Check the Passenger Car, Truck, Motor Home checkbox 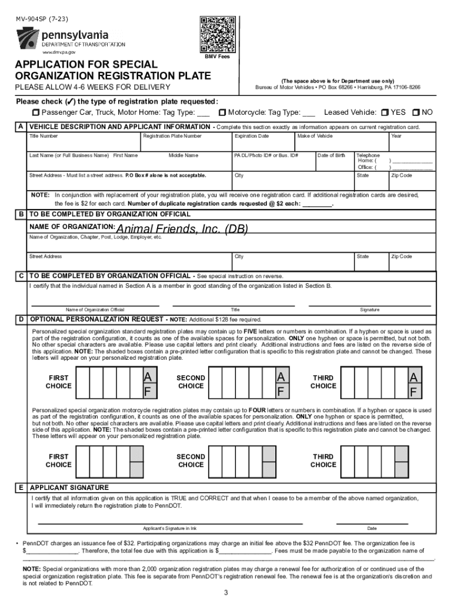tap(35, 112)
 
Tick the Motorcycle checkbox tap(222, 112)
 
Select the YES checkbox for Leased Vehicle tap(385, 112)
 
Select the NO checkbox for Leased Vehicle tap(416, 112)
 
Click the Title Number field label tap(44, 136)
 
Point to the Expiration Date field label tap(251, 136)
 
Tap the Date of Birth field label tap(331, 155)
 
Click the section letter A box tap(21, 127)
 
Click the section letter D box tap(21, 319)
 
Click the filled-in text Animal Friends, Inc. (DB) tap(182, 228)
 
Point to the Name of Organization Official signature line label tap(95, 310)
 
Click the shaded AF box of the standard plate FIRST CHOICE tap(150, 383)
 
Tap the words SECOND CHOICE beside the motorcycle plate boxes tap(191, 460)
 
